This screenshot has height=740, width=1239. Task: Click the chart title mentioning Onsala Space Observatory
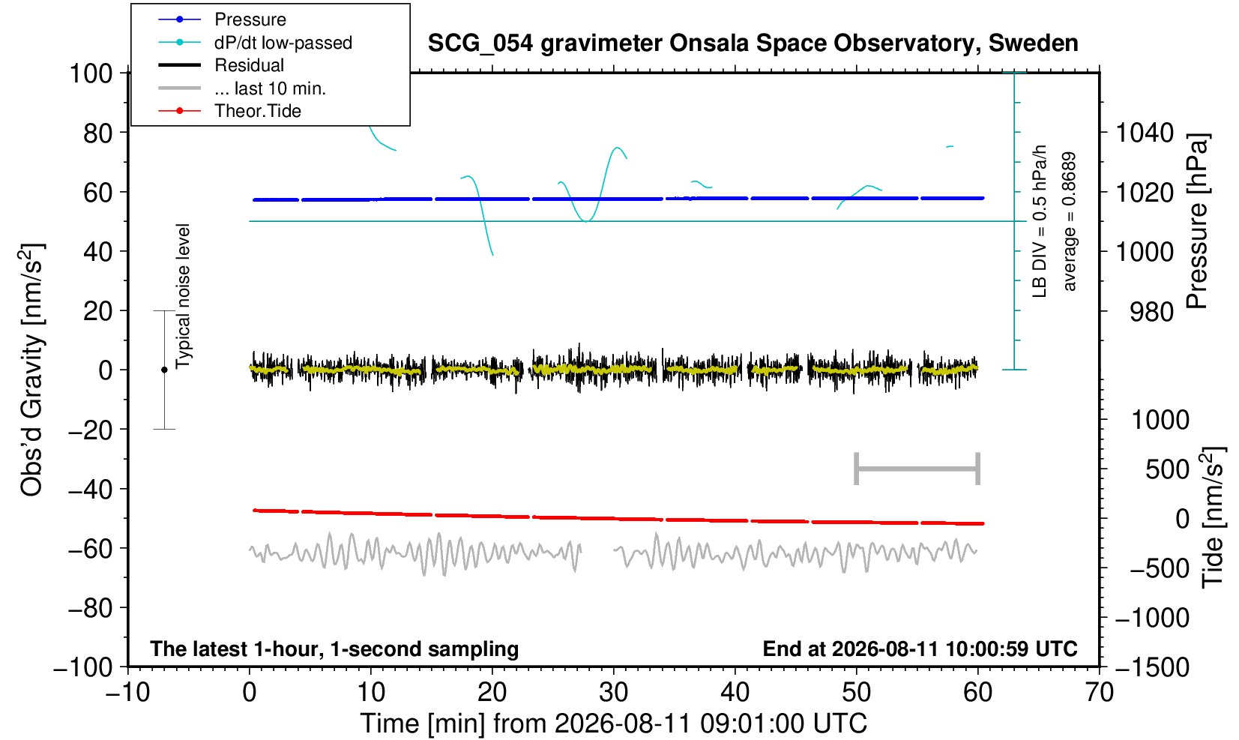[x=753, y=43]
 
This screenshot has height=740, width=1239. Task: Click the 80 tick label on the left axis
[x=98, y=133]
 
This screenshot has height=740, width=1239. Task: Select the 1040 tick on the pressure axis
[x=1145, y=133]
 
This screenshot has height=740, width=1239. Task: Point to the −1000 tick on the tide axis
[x=1152, y=618]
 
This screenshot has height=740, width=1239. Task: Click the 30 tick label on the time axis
[x=613, y=693]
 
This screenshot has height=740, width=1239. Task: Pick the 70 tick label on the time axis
[x=1099, y=693]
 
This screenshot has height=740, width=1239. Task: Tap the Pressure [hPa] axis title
[x=1197, y=221]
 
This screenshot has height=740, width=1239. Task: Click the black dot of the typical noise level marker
[x=164, y=370]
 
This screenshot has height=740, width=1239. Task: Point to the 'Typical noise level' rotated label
[x=183, y=296]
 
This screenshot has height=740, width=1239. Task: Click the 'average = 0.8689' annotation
[x=1070, y=221]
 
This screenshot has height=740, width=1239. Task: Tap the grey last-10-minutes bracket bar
[x=917, y=469]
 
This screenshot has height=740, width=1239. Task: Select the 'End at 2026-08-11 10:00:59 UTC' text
[x=920, y=649]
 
